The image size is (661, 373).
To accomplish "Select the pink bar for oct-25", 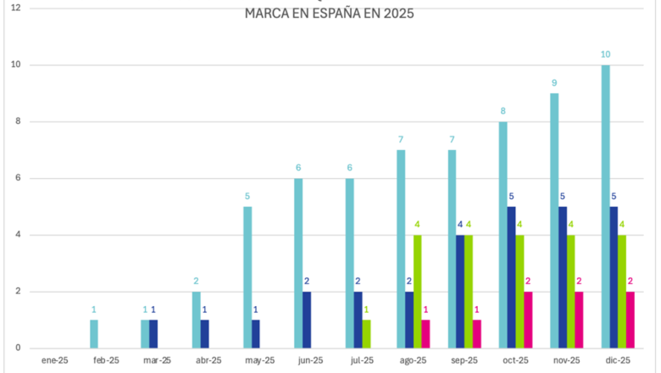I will click(528, 320).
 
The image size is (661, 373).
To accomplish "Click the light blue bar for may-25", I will click(247, 277).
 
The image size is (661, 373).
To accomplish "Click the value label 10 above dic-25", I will click(605, 54).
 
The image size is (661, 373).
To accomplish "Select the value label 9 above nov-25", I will click(554, 83).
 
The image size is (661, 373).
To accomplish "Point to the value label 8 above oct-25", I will click(503, 111).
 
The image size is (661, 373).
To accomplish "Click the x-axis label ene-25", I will click(54, 360).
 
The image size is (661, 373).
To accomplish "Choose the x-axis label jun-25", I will click(310, 360).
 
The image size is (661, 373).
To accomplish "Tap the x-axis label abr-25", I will click(208, 360).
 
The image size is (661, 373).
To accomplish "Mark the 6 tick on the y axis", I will click(17, 178).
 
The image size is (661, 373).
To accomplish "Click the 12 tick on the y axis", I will click(15, 8).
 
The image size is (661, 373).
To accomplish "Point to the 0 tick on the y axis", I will click(17, 348).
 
